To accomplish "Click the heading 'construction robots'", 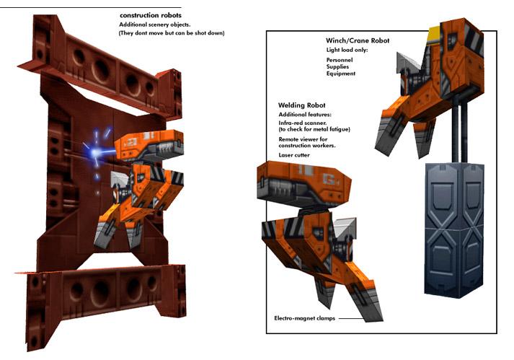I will point(151,15).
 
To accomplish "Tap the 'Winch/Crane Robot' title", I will point(358,41).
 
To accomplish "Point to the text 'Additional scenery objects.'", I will point(154,25).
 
